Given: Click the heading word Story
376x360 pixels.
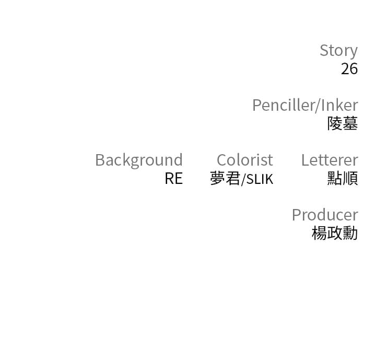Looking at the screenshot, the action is pyautogui.click(x=338, y=51).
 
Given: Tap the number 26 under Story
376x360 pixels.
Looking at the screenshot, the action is pyautogui.click(x=349, y=69).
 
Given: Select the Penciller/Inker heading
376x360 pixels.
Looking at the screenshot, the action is pyautogui.click(x=305, y=105).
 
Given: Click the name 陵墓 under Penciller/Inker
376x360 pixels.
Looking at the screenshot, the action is pyautogui.click(x=343, y=124).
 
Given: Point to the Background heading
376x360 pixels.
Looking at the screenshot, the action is pyautogui.click(x=139, y=160).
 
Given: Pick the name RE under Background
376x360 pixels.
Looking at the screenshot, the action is pyautogui.click(x=174, y=179).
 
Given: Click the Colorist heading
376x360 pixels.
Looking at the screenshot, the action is pyautogui.click(x=245, y=160).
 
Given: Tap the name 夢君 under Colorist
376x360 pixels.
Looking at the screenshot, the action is pyautogui.click(x=225, y=179).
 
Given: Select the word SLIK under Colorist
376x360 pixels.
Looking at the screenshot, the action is pyautogui.click(x=260, y=179).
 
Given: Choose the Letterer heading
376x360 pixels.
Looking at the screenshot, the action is pyautogui.click(x=330, y=160).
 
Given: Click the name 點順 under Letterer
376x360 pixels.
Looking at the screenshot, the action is pyautogui.click(x=343, y=178).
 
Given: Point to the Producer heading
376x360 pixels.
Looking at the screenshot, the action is pyautogui.click(x=325, y=215).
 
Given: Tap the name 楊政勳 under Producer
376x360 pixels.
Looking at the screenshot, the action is pyautogui.click(x=335, y=233).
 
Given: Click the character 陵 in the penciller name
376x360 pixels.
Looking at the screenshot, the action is pyautogui.click(x=335, y=124).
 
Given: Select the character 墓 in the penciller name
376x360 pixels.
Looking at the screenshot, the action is pyautogui.click(x=350, y=124).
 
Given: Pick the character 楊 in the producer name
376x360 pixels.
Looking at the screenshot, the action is pyautogui.click(x=320, y=233).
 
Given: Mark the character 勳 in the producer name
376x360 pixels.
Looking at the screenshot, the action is pyautogui.click(x=350, y=233).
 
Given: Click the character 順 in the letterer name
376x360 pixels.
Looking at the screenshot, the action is pyautogui.click(x=350, y=178).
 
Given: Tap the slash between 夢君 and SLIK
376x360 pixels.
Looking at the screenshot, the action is pyautogui.click(x=243, y=179).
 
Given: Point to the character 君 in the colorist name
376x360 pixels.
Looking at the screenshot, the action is pyautogui.click(x=233, y=179).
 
